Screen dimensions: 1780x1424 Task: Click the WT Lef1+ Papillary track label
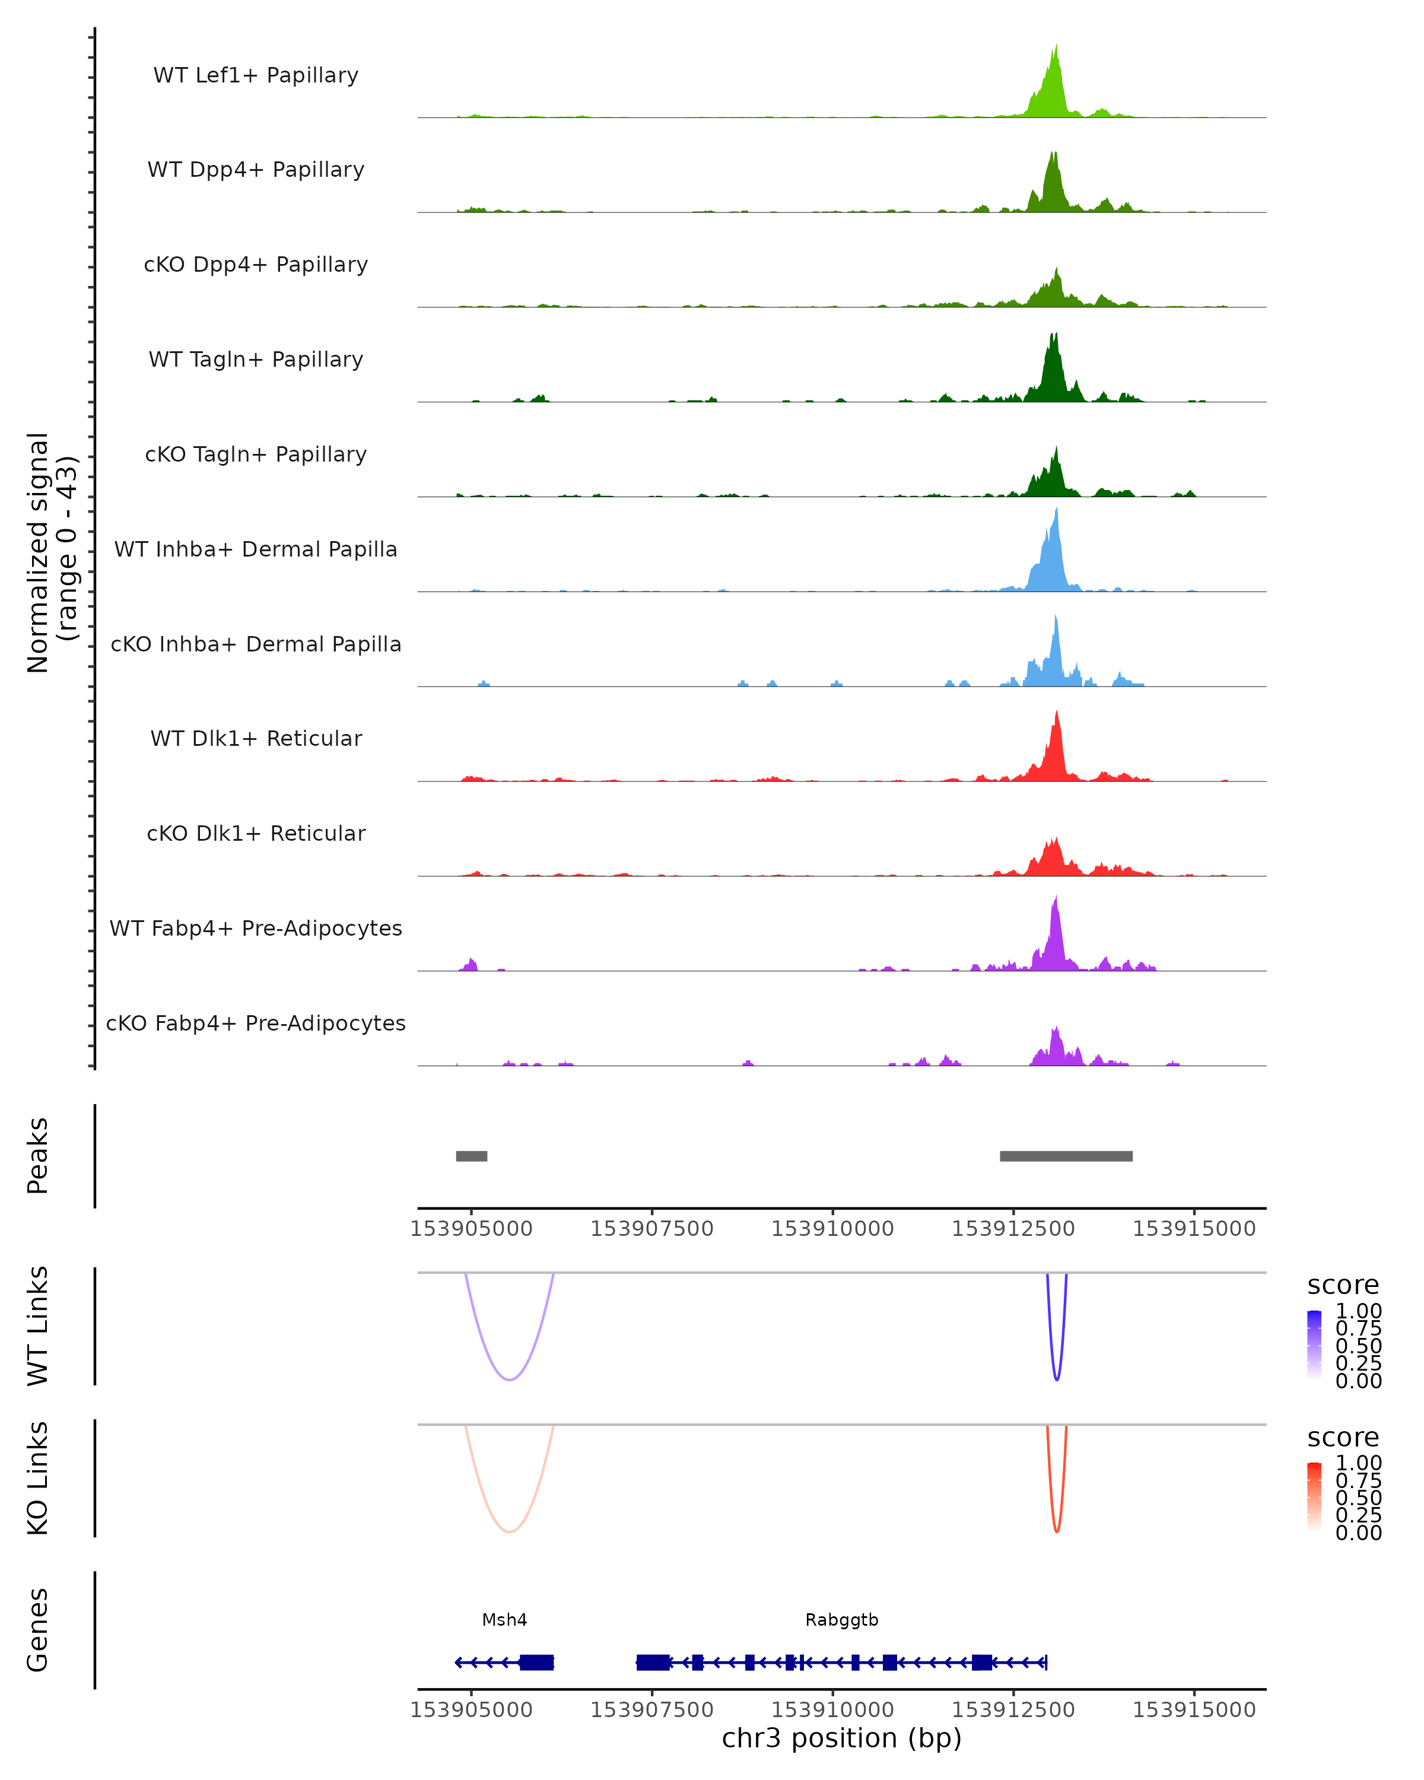256,75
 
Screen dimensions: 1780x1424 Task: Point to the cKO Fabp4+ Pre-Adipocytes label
256,1023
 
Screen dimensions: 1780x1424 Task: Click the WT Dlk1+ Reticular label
256,738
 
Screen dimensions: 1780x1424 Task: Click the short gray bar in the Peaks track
471,1156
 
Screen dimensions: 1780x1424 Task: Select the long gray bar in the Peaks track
1066,1156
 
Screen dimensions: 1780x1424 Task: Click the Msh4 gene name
504,1620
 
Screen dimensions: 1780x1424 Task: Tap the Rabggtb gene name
841,1620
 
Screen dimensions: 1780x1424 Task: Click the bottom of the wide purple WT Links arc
510,1379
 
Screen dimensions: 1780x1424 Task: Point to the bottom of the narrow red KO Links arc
1057,1531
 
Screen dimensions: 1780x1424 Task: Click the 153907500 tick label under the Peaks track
651,1229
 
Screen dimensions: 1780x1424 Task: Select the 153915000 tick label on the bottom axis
1194,1710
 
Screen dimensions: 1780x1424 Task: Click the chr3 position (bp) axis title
841,1738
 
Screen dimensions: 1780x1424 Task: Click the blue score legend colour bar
1314,1345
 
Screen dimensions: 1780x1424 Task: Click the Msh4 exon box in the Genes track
536,1662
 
